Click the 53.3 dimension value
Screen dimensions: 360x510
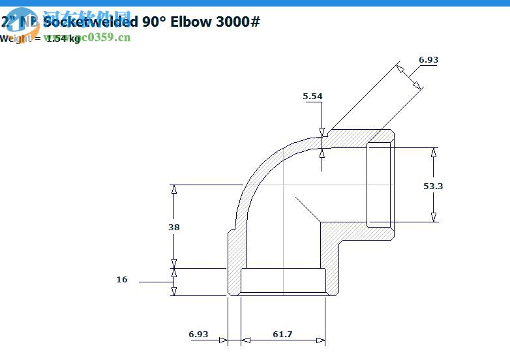coord(433,186)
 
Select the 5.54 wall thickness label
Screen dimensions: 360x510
coord(312,97)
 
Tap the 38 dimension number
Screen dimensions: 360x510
coord(173,227)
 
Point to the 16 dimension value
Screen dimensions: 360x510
coord(122,279)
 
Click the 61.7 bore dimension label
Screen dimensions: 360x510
coord(282,334)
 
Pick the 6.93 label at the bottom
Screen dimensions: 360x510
coord(198,334)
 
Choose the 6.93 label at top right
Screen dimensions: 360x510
coord(428,59)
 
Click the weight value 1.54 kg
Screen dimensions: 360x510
coord(63,38)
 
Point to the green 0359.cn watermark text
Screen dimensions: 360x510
coord(108,37)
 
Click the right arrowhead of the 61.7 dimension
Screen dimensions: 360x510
coord(320,340)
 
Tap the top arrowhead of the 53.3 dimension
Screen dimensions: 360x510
coord(434,152)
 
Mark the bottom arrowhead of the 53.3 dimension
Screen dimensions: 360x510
coord(434,217)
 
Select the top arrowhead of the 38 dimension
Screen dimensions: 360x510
coord(173,189)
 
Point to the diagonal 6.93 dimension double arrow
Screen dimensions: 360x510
coord(409,77)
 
